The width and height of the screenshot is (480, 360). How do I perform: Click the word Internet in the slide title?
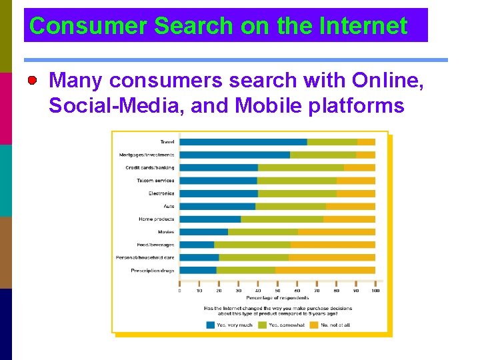[x=363, y=26]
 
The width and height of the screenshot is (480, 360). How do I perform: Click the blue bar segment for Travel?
[x=243, y=142]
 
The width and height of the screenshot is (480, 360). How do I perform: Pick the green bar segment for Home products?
[x=281, y=219]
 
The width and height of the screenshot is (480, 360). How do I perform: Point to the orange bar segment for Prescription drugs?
[x=325, y=271]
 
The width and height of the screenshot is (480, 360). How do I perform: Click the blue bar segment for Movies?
[x=204, y=232]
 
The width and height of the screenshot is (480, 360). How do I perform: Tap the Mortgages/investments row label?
[x=147, y=155]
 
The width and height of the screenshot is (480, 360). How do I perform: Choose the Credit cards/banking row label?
[x=150, y=167]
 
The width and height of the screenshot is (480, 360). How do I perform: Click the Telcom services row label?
[x=155, y=181]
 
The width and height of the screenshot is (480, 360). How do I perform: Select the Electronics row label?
[x=161, y=193]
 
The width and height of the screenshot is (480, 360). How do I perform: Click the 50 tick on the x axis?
[x=277, y=291]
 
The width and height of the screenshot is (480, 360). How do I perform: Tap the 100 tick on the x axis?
[x=375, y=291]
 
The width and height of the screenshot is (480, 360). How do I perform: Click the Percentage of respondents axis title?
[x=277, y=297]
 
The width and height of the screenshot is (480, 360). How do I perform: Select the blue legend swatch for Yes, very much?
[x=211, y=325]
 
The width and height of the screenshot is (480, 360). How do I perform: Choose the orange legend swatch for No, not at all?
[x=313, y=325]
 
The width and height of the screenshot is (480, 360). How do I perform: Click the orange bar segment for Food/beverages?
[x=333, y=245]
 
